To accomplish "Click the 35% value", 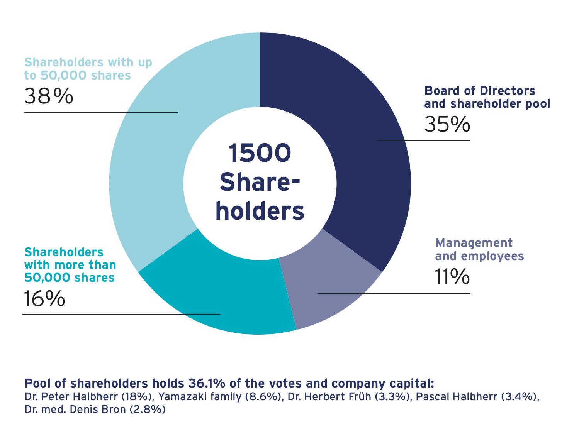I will (x=447, y=125).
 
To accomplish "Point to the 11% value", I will (x=452, y=277).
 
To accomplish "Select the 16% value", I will (x=44, y=299).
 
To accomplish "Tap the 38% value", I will (x=48, y=96).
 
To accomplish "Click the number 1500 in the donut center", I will (x=260, y=153).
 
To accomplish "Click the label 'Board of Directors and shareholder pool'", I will (x=487, y=97).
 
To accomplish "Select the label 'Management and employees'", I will (x=479, y=249).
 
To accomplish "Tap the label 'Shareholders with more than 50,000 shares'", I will (x=70, y=265).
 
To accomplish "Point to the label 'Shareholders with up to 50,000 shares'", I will (x=88, y=69).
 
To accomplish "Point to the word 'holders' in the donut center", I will (x=260, y=212).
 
